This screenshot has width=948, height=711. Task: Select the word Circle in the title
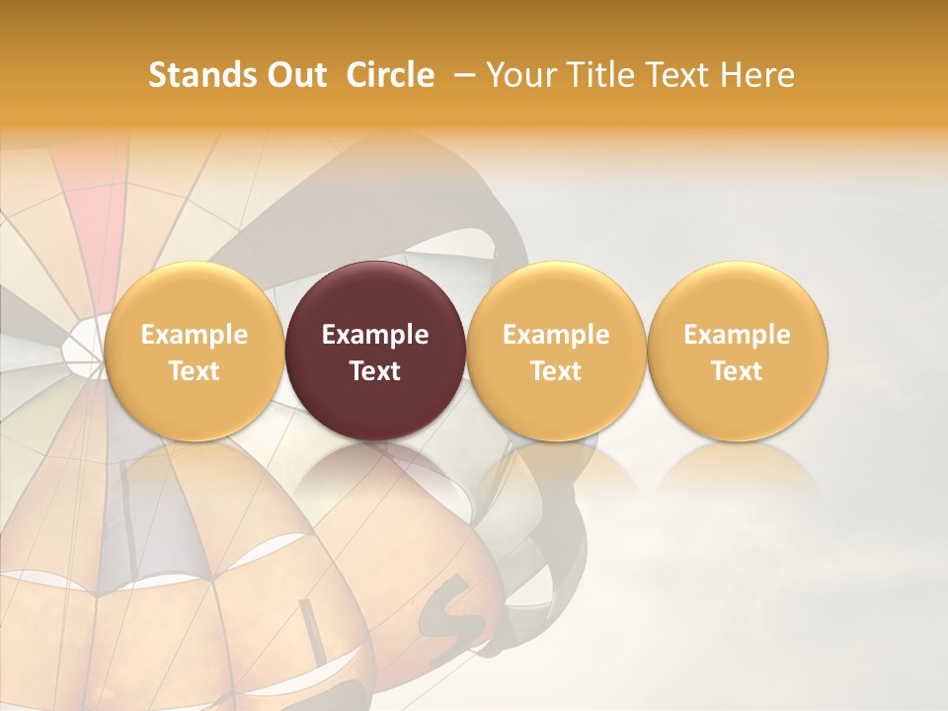tap(390, 75)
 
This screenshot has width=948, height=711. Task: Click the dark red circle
tap(375, 351)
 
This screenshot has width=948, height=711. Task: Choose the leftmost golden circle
tap(194, 351)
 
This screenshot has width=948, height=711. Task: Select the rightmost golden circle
tap(738, 351)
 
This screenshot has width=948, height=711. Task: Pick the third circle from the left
tap(556, 351)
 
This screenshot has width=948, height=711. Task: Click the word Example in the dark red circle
tap(375, 335)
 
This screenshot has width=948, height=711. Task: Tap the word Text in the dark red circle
tap(375, 371)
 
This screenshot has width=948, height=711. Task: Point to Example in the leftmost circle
tap(194, 335)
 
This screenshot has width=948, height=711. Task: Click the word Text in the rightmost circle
tap(738, 371)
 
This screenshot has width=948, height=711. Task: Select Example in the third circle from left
tap(556, 335)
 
